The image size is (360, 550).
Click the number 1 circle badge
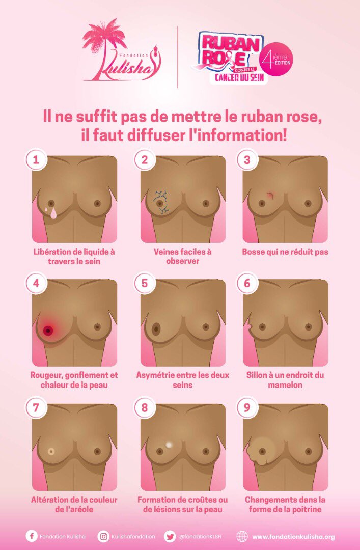tap(36, 159)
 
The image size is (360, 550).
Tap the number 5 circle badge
tap(144, 284)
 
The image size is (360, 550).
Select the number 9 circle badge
tap(247, 408)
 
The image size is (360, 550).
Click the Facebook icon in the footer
tap(31, 536)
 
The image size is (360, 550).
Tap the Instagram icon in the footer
tap(104, 536)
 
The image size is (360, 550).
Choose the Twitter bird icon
tap(170, 536)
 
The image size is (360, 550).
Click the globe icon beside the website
tap(242, 536)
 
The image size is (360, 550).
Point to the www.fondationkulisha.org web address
tap(293, 537)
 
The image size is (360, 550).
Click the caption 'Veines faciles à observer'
tap(182, 256)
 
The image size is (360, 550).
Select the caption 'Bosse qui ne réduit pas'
tap(285, 252)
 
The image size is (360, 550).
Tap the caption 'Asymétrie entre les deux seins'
tap(182, 380)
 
